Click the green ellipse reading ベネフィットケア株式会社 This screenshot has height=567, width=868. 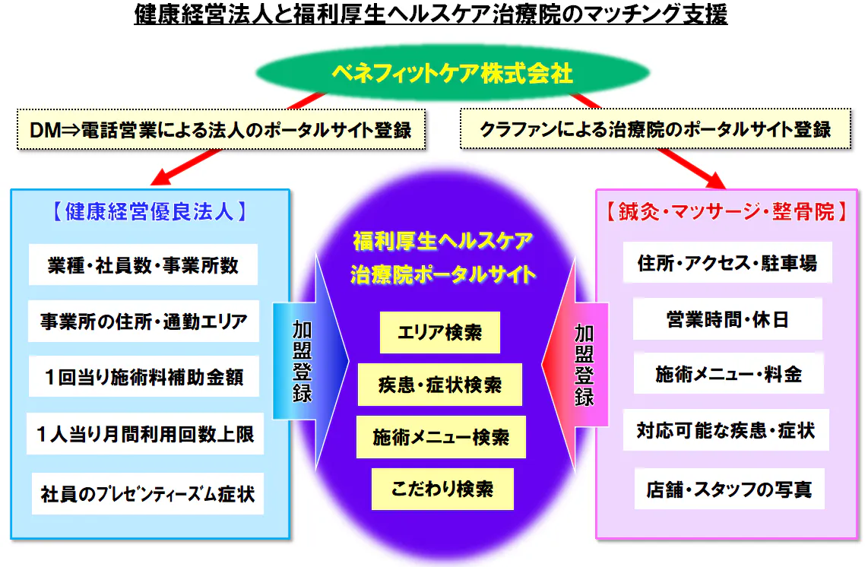coord(452,72)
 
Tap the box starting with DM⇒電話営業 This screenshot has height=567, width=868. coord(221,129)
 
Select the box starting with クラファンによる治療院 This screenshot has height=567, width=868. coord(655,129)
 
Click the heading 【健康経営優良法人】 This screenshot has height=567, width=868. coord(150,211)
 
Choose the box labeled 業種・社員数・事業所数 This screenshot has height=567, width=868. coord(143,264)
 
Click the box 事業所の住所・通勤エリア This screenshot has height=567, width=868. coord(144,322)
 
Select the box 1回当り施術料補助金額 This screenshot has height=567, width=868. coord(144,376)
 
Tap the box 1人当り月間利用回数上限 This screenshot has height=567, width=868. coord(145,433)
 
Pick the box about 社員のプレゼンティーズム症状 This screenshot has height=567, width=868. coord(147,493)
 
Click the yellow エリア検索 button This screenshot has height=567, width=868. coord(440,332)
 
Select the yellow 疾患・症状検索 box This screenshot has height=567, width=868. coord(440,385)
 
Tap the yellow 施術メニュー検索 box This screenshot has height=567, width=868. coord(441,437)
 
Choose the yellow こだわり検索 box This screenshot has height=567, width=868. coord(442,489)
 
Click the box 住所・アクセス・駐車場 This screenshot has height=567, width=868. coord(727,262)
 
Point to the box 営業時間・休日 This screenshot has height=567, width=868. coord(727,319)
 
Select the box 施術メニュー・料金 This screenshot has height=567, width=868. coord(728,373)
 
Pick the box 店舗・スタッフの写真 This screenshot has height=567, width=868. coord(729,489)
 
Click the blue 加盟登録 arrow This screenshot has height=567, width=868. coord(311,361)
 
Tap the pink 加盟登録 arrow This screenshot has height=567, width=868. coord(575,364)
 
